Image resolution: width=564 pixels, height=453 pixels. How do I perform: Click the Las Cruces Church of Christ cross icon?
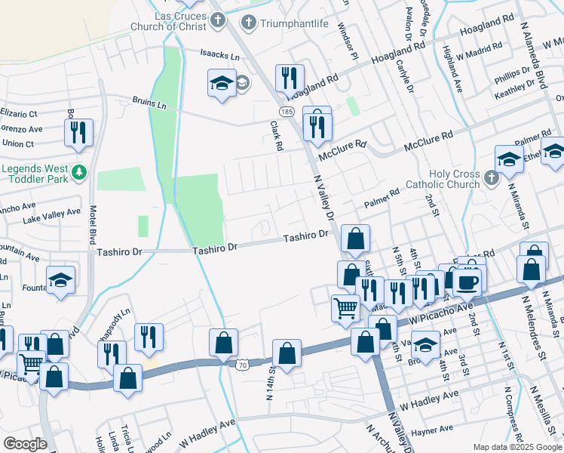coord(218,19)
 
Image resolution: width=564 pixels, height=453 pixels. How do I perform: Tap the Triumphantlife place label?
coord(295,23)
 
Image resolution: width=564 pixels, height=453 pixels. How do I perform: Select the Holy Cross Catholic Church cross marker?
coord(491,178)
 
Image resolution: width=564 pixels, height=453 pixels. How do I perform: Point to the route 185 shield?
coord(286,111)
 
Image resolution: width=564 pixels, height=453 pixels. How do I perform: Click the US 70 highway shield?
coord(241,365)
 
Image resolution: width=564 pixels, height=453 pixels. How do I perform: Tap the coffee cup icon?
coord(466,280)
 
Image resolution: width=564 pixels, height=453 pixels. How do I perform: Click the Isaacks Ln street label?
coord(219,56)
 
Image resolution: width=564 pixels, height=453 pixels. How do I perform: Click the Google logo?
coord(25,444)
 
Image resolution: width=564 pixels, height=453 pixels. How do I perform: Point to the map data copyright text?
coord(516,447)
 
